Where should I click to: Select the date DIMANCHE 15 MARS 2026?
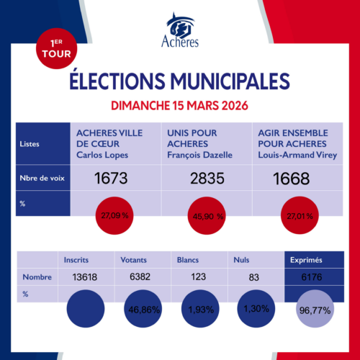179,105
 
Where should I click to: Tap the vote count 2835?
203,179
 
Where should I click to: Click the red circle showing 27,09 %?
114,214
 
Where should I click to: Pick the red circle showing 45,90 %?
203,215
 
